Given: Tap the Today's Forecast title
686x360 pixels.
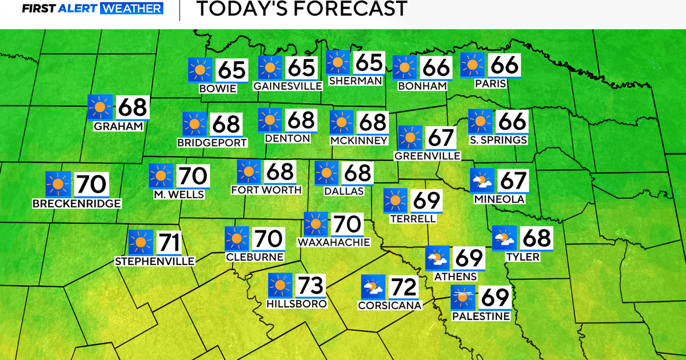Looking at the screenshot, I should [301, 9].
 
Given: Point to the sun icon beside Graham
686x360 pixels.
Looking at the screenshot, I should [100, 107].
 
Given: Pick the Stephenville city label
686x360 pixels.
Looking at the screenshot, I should [155, 261].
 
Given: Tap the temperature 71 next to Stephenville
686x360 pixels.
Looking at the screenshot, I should [168, 242].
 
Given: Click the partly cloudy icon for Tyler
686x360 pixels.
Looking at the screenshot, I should [505, 238].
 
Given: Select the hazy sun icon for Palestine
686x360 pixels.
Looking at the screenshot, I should [462, 297].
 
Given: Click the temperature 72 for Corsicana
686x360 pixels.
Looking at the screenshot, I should [404, 287].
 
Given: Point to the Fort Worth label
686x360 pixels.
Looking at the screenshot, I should [266, 189].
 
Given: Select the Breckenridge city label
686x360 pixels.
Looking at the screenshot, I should [77, 203].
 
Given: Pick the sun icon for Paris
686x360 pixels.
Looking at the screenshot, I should [473, 65].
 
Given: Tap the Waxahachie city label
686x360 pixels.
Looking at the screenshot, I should [334, 242].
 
